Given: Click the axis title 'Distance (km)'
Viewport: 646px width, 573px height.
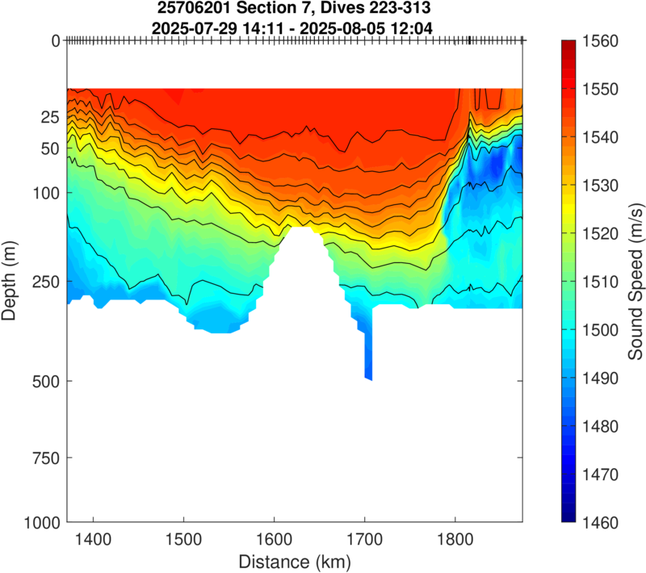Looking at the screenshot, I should [x=294, y=560].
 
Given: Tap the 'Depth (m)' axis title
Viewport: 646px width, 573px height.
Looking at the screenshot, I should [x=10, y=281].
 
